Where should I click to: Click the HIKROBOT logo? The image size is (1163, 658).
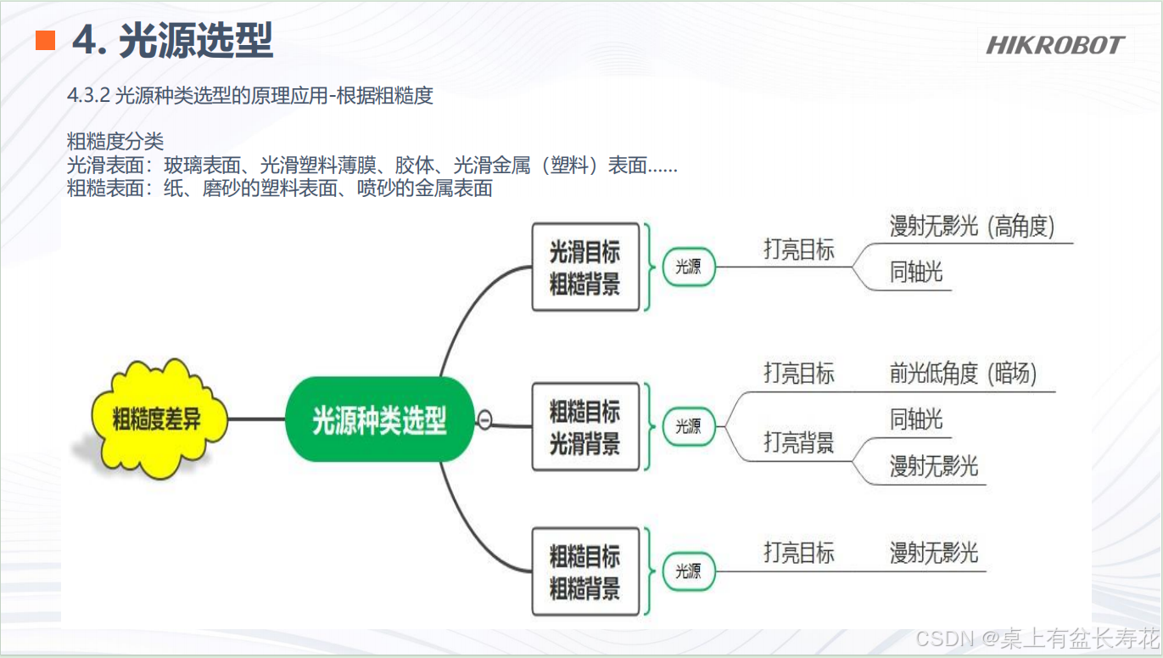point(1054,45)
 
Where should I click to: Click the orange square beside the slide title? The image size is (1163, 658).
point(45,40)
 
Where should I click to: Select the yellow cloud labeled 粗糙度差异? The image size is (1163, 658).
point(157,418)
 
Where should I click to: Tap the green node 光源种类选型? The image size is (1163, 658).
point(379,419)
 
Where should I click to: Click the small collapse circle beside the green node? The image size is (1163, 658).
point(484,419)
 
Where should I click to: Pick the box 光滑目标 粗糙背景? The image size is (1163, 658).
point(584,267)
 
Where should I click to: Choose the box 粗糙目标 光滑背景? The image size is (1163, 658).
point(584,427)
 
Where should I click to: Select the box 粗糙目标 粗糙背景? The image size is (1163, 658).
point(584,572)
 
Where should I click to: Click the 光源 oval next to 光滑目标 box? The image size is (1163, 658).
point(688,267)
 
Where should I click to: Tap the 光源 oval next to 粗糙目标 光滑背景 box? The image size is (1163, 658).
point(688,427)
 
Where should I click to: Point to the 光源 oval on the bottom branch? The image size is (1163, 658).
point(688,572)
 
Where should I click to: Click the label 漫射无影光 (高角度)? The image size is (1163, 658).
point(971,227)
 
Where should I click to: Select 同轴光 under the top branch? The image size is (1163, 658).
point(916,273)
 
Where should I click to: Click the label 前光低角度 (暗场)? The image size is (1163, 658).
point(963,374)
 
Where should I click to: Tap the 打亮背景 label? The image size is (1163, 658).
point(798,442)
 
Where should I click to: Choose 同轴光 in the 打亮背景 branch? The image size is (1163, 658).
point(916,419)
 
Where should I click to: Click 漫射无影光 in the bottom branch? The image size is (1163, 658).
point(933,553)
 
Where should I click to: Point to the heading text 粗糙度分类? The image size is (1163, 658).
point(115,142)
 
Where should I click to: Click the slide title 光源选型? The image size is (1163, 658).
point(195,40)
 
